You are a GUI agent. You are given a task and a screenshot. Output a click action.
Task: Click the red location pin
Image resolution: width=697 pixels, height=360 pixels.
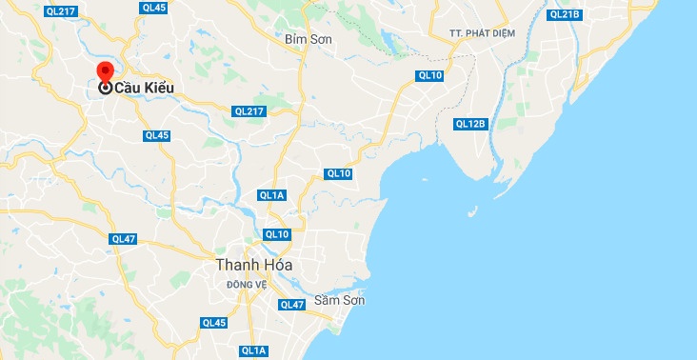point(106,72)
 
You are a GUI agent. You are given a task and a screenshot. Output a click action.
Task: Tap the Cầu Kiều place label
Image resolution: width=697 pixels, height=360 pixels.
point(145,88)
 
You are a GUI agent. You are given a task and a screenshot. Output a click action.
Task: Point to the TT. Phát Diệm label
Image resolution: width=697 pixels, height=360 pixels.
point(484,33)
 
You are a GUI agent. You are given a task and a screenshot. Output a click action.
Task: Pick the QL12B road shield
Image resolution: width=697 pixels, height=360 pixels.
point(470,124)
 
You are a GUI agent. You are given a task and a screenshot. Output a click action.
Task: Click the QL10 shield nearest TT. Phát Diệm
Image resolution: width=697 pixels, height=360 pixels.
point(429,75)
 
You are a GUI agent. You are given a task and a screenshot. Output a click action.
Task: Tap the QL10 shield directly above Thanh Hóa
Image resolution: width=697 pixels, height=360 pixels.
point(277,234)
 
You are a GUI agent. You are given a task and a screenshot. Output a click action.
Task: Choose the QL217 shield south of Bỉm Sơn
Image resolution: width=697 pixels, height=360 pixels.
point(249,111)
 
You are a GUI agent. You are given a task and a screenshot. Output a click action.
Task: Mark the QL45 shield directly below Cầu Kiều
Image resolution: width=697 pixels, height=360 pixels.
point(156,135)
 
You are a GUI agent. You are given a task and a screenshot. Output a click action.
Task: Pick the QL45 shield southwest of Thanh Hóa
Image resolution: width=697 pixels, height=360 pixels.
point(214,323)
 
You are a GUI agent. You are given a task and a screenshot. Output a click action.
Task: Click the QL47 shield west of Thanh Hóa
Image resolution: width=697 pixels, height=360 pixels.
point(123,238)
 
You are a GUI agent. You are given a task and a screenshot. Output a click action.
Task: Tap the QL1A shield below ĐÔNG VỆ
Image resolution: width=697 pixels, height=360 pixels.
point(254,351)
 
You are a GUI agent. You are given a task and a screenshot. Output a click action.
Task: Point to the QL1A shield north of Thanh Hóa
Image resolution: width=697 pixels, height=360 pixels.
point(271,195)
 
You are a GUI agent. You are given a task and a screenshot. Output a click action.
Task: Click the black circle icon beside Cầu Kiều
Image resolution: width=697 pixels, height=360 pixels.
point(106,88)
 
